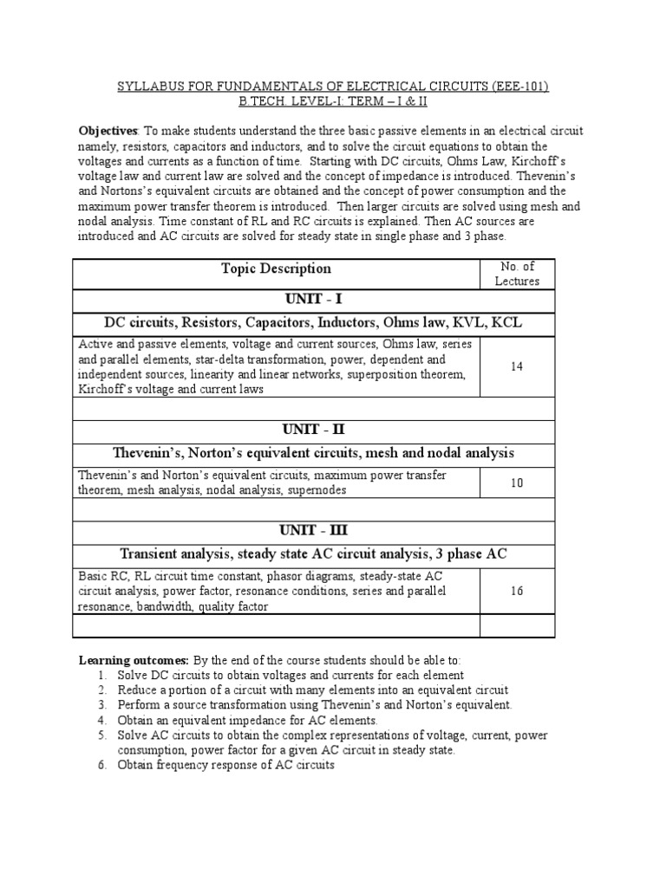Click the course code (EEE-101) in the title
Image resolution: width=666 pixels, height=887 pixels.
[x=518, y=87]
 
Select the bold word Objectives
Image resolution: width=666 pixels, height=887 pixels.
[x=108, y=131]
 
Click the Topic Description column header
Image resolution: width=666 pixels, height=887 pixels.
[x=276, y=269]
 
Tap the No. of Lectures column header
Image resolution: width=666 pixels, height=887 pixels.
[x=517, y=274]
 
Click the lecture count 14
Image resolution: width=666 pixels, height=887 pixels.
[x=517, y=366]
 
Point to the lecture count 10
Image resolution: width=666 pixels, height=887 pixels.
[x=517, y=482]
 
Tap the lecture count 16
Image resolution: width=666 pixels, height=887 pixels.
[x=517, y=591]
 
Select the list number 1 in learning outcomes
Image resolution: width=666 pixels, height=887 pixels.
[x=101, y=675]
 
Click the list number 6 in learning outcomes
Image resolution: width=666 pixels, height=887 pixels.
[x=101, y=766]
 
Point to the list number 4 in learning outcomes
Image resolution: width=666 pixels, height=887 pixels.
[x=101, y=720]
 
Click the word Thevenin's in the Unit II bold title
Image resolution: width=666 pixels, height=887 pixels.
[x=147, y=453]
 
